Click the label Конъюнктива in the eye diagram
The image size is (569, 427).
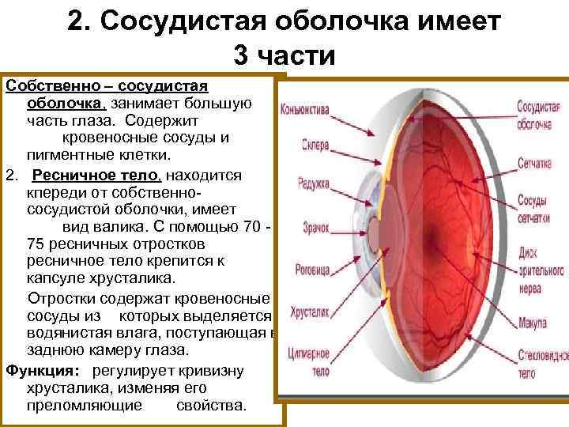tap(305, 110)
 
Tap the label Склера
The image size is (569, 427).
tap(315, 145)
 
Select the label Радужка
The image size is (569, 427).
tap(313, 182)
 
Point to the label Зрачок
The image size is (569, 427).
tap(316, 227)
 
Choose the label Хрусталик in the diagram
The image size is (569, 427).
tap(310, 312)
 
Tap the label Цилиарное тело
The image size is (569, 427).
tap(309, 355)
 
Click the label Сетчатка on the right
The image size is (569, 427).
tap(534, 164)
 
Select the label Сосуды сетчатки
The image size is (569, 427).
tap(534, 207)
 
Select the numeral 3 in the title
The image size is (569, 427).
tap(240, 55)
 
